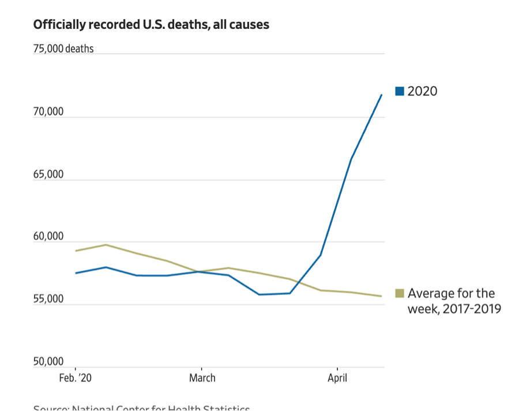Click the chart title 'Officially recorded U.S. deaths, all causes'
coord(151,25)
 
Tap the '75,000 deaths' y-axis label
coord(63,49)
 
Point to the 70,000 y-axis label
coord(48,112)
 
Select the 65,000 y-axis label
coord(48,174)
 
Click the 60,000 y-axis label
coord(48,237)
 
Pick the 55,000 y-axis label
coord(48,299)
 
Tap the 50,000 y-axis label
coord(48,362)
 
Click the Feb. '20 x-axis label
coord(76,379)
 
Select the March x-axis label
coord(202,379)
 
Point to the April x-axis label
coord(337,379)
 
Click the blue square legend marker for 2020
coord(400,91)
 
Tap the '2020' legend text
coord(423,91)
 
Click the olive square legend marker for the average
coord(400,294)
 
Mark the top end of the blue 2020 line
coord(382,94)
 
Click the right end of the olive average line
coord(382,296)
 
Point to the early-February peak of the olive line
coord(106,245)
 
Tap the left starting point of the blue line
coord(76,273)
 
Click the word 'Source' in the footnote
coord(50,408)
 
